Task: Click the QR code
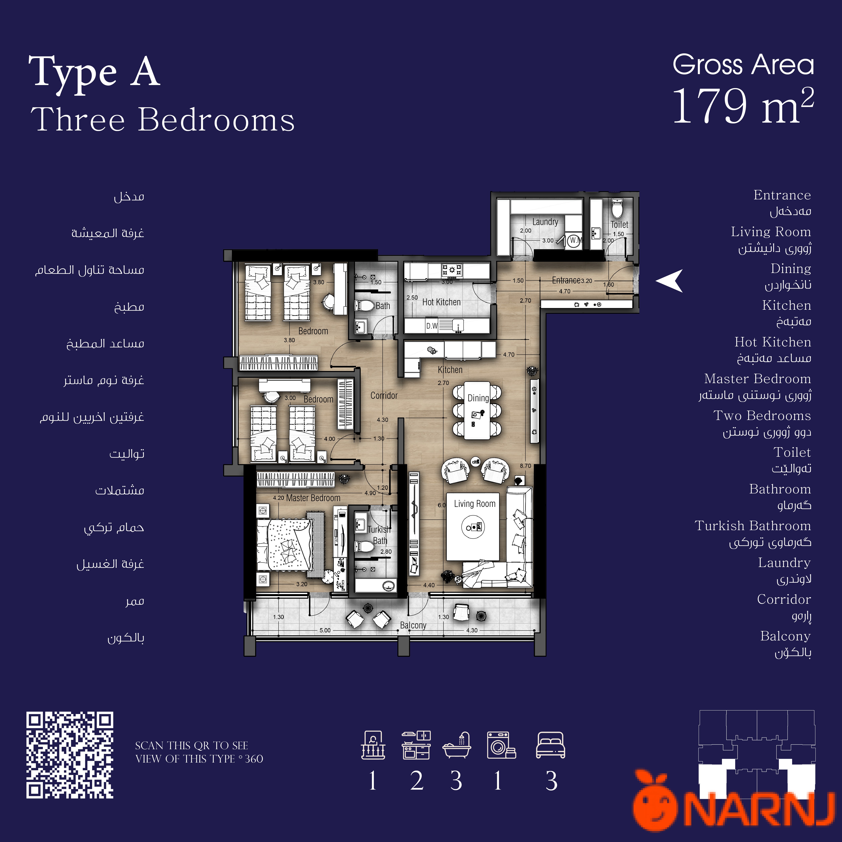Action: coord(70,755)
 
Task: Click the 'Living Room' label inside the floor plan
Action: coord(475,504)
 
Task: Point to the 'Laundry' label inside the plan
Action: coord(545,222)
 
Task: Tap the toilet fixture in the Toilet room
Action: coord(618,208)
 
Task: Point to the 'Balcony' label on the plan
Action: coord(413,625)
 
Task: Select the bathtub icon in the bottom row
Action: coord(457,745)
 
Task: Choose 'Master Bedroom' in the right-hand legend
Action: coord(757,379)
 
